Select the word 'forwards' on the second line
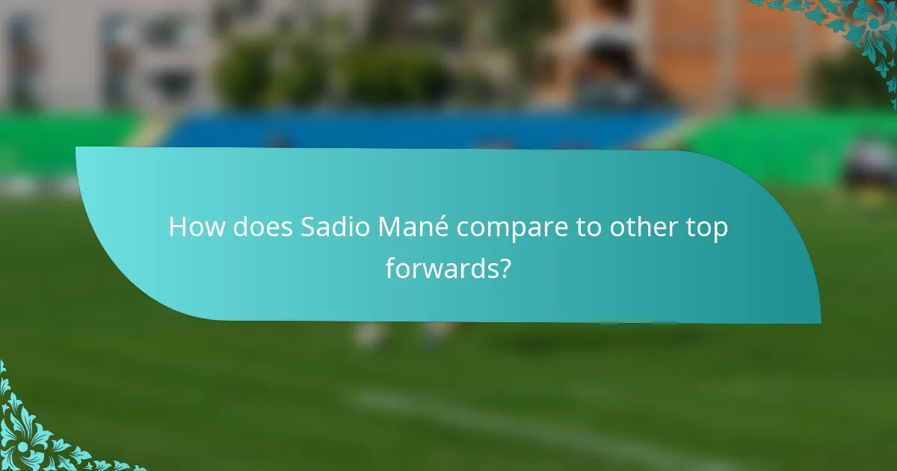[441, 268]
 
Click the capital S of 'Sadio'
[309, 228]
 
